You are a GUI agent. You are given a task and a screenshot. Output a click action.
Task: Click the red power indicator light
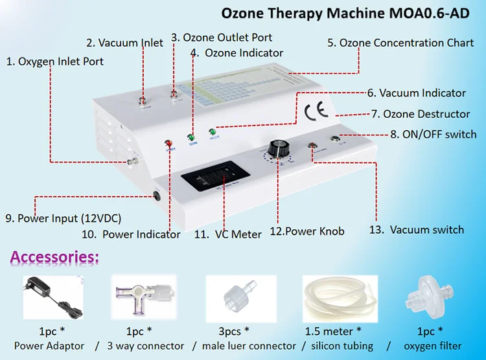tap(169, 144)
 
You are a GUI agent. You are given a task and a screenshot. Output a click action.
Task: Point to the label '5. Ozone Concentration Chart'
tap(400, 43)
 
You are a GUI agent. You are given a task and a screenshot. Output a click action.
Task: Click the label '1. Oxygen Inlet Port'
tap(55, 62)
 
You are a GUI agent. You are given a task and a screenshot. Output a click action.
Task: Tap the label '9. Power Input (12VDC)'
tap(64, 218)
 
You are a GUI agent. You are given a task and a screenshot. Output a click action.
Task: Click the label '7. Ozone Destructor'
tap(421, 114)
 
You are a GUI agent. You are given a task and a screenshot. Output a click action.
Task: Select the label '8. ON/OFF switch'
tap(434, 135)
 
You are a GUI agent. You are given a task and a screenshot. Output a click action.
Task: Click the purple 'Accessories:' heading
tap(55, 258)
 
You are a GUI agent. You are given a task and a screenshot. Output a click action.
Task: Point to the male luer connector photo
tap(239, 297)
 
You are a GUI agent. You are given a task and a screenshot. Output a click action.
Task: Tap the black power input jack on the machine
tap(157, 195)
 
